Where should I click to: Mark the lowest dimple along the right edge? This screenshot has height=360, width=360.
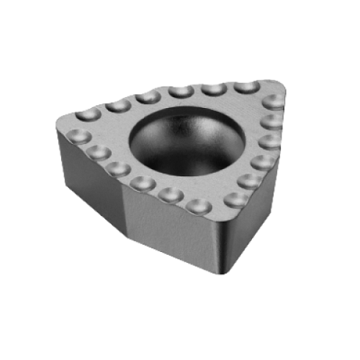coord(237,198)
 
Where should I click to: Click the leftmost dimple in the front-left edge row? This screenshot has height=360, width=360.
coord(77,137)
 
